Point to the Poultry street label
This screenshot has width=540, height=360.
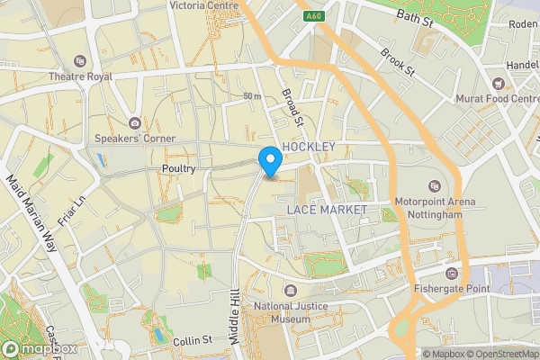(178, 169)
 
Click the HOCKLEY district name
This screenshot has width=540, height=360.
(309, 147)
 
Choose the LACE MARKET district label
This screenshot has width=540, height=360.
(327, 210)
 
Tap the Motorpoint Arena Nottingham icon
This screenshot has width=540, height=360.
(434, 185)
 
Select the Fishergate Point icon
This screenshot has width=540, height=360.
(451, 273)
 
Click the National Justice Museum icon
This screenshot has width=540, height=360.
(291, 290)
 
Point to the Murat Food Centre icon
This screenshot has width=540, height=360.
(496, 82)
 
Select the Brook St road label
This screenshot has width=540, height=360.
(397, 62)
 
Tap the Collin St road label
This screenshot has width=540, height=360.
(192, 340)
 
